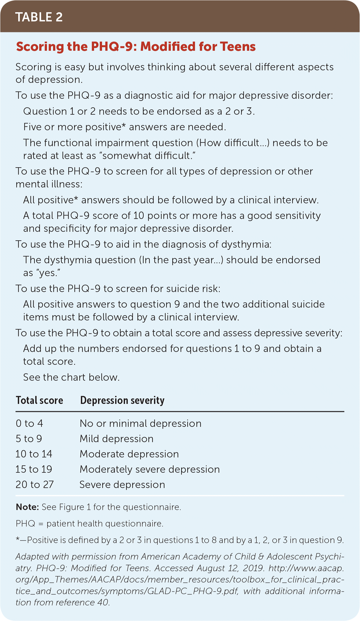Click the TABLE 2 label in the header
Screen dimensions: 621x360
coord(39,17)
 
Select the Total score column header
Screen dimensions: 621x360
coord(39,400)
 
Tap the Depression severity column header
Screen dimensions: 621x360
coord(122,400)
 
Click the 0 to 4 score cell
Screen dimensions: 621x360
coord(29,423)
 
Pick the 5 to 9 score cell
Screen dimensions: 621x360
coord(29,439)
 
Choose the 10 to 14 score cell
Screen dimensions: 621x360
coord(34,454)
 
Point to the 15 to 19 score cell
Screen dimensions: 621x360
coord(34,469)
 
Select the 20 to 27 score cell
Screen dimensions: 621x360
coord(35,485)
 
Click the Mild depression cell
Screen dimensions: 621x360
coord(117,439)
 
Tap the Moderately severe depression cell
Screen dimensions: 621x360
coord(150,469)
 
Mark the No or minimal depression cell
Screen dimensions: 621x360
coord(140,423)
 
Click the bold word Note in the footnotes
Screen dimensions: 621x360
coord(27,507)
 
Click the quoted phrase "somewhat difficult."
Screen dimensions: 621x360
coord(149,156)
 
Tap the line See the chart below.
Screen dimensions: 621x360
coord(71,377)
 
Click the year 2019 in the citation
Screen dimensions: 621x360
coord(253,568)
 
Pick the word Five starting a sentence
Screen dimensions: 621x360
coord(32,127)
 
